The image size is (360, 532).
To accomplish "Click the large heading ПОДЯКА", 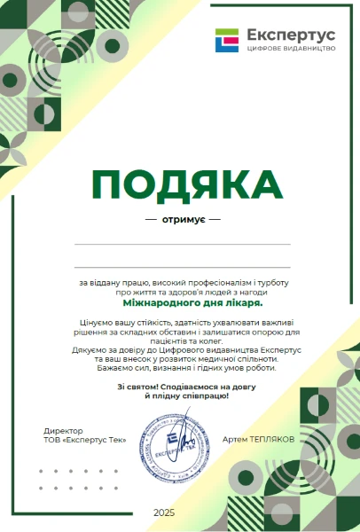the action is pos(186,184).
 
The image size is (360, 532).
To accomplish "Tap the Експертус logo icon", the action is pos(227,40).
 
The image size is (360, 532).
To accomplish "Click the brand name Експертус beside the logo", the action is pos(286,35).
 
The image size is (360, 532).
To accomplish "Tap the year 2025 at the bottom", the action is pos(164,512).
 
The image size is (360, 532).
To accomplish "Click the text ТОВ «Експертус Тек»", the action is pos(86,440).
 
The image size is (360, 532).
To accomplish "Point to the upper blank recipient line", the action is pos(182,244).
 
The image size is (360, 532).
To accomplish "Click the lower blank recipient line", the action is pos(182,267).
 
